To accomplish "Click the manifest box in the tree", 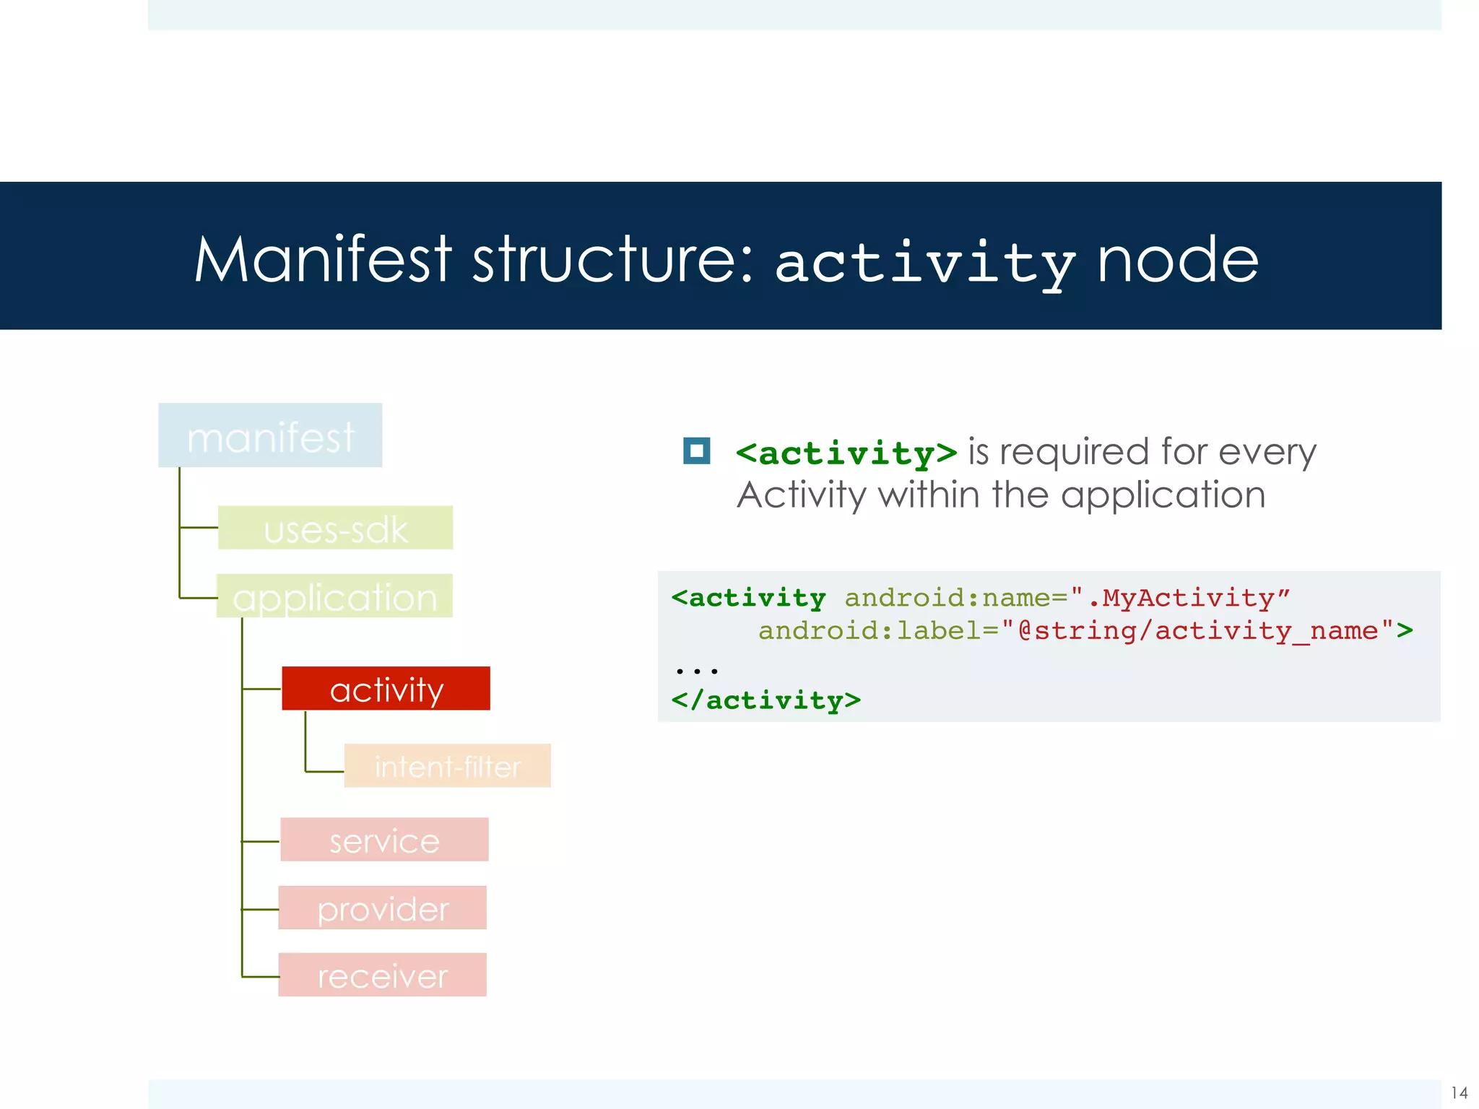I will coord(270,435).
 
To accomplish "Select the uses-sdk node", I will coord(335,528).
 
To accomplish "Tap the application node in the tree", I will coord(335,596).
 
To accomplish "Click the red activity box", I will coord(386,689).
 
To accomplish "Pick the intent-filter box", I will coord(447,765).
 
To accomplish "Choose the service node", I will coord(384,840).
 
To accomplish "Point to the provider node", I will coord(382,908).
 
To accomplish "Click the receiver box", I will coord(382,975).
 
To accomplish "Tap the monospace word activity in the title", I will coord(925,264).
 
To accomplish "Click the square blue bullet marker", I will coord(696,451).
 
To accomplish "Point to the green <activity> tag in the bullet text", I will coord(846,454).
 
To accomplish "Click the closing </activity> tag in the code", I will coord(765,700).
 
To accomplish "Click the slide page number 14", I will coord(1459,1092).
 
